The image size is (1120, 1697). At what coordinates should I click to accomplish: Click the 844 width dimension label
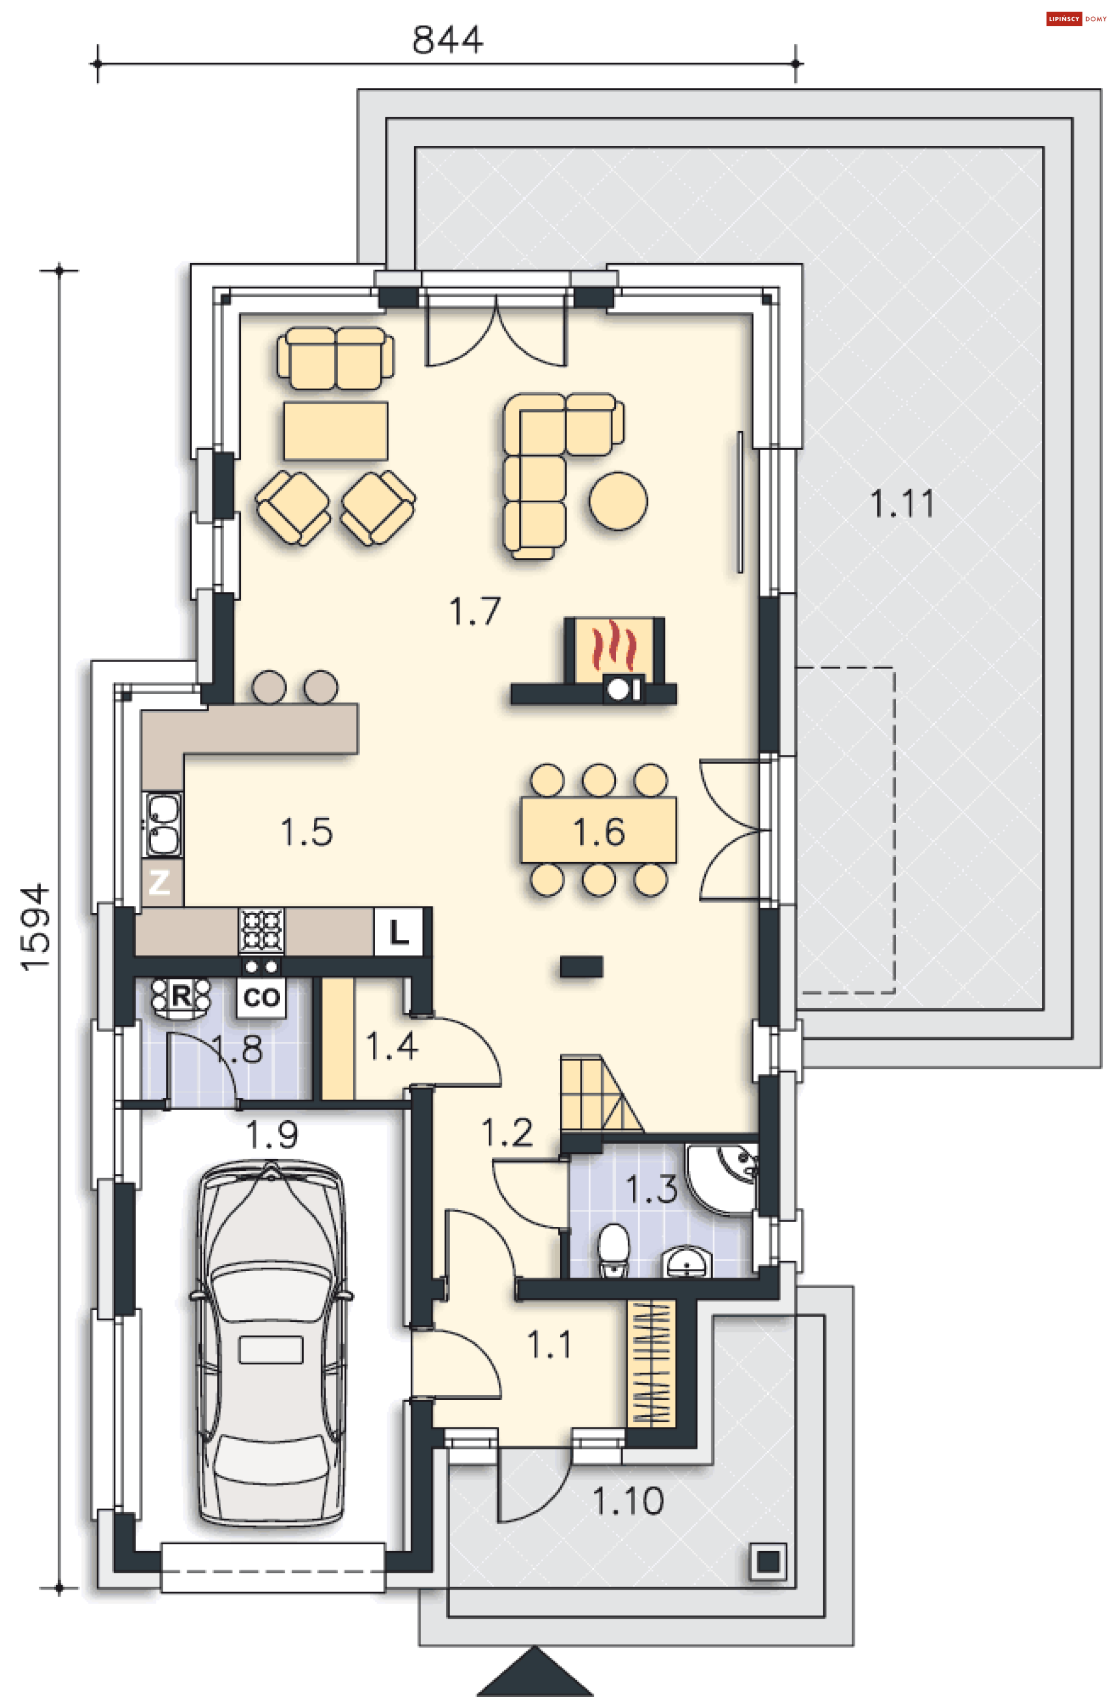(x=447, y=40)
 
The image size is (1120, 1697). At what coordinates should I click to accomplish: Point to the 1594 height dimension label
(x=35, y=928)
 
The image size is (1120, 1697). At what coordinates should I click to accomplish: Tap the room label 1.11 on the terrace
(x=902, y=503)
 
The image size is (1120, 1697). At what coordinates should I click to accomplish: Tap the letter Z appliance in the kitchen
(x=159, y=883)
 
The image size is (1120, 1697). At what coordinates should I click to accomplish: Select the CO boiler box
(x=261, y=997)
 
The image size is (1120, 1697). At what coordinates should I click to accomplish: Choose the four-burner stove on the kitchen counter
(x=261, y=930)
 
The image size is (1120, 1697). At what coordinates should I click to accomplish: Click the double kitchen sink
(x=163, y=824)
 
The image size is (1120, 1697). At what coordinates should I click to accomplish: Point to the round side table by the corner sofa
(x=618, y=501)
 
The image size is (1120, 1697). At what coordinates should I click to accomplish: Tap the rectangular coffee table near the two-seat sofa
(x=336, y=431)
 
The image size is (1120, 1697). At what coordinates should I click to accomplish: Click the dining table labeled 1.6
(x=598, y=831)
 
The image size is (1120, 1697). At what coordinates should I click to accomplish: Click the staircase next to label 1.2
(x=601, y=1093)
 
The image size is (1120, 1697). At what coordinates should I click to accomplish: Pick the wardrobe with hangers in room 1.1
(x=651, y=1363)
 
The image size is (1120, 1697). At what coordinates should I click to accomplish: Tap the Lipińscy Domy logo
(x=1076, y=19)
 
